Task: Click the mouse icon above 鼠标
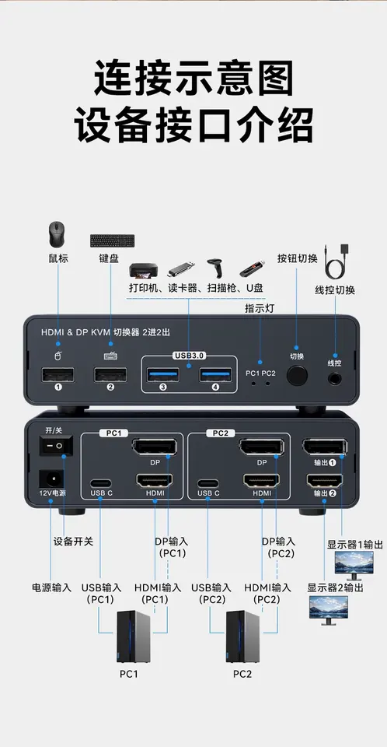pyautogui.click(x=58, y=234)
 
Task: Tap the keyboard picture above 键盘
pyautogui.click(x=113, y=240)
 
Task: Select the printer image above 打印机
pyautogui.click(x=142, y=271)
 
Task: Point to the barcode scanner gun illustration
pyautogui.click(x=214, y=268)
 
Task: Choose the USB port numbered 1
pyautogui.click(x=58, y=375)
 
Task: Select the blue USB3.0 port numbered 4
pyautogui.click(x=215, y=375)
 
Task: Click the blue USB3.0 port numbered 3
pyautogui.click(x=163, y=375)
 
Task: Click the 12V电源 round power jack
pyautogui.click(x=51, y=479)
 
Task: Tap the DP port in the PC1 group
pyautogui.click(x=155, y=447)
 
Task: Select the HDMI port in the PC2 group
pyautogui.click(x=261, y=480)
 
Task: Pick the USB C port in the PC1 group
pyautogui.click(x=101, y=482)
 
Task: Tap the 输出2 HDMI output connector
pyautogui.click(x=325, y=481)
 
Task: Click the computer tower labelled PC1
pyautogui.click(x=134, y=637)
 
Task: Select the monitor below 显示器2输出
pyautogui.click(x=329, y=610)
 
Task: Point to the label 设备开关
pyautogui.click(x=73, y=542)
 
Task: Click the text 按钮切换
pyautogui.click(x=298, y=258)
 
